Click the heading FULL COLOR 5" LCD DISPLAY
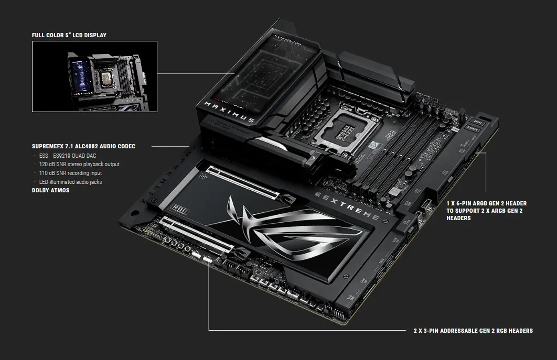tap(69, 35)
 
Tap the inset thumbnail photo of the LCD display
tap(94, 77)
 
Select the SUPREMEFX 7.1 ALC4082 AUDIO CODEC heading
tap(83, 146)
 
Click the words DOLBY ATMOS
tap(50, 190)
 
